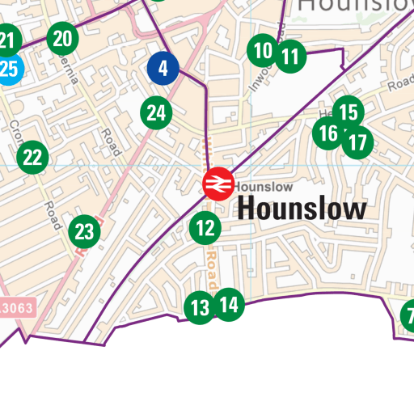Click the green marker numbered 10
[263, 52]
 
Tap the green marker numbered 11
[290, 57]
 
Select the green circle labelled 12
[205, 229]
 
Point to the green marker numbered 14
[229, 304]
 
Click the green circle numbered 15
[348, 112]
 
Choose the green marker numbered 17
[357, 144]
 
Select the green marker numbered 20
[63, 37]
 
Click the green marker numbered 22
[32, 157]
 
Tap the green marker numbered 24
[156, 113]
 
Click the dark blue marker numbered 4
[163, 69]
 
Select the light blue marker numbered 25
[7, 70]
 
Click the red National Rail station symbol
[218, 184]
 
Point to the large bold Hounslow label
[302, 209]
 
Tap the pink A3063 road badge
[16, 308]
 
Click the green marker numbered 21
[7, 40]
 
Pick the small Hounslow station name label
[263, 187]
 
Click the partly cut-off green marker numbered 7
[408, 315]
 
